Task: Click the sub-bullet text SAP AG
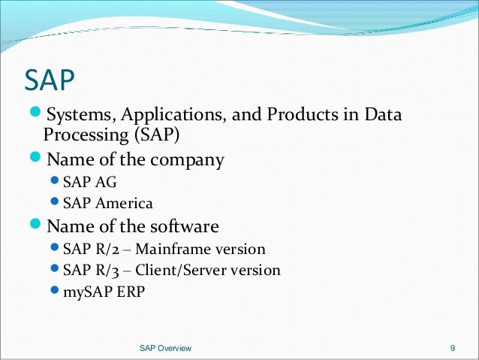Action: coord(89,182)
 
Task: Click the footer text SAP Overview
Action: coord(166,348)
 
